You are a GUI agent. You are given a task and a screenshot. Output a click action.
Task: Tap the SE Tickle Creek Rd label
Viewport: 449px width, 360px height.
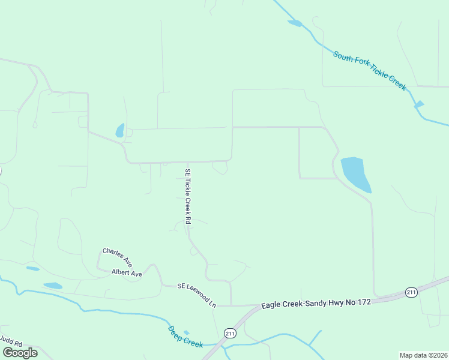click(188, 196)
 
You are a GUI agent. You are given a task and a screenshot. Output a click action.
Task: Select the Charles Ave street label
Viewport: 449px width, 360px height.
click(117, 257)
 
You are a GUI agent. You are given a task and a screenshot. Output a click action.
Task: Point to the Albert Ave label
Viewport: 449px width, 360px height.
click(127, 273)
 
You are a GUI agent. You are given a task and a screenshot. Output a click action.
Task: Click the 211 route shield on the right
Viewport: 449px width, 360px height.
click(411, 292)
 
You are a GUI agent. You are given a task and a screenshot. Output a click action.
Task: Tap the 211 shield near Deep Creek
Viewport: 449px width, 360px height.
click(231, 332)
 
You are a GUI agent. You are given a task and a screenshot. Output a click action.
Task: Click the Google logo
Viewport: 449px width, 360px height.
click(20, 353)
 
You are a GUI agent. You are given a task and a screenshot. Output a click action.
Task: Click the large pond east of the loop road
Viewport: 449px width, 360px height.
click(355, 173)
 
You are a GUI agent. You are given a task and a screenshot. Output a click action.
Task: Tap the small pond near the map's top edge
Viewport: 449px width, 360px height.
click(295, 23)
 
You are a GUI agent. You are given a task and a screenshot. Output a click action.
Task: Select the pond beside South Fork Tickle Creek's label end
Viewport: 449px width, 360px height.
click(419, 104)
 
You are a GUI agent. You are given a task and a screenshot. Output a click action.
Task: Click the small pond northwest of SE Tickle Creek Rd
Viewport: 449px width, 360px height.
click(120, 130)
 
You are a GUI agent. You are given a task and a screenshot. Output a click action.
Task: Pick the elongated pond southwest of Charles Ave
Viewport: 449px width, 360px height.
click(52, 286)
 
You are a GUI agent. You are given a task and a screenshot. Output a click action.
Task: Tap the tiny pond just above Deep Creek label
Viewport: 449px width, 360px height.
click(186, 332)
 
